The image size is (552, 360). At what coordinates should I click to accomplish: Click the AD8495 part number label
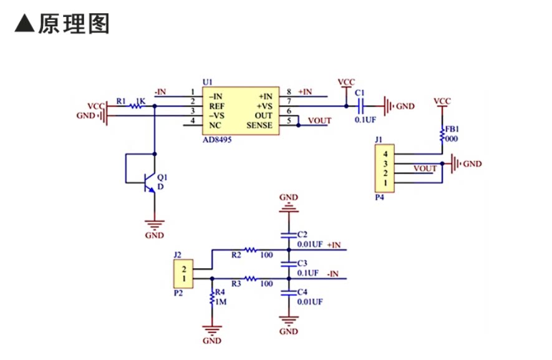click(217, 140)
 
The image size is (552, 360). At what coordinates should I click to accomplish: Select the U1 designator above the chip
click(207, 82)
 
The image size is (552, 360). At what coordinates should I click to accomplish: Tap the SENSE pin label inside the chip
click(259, 125)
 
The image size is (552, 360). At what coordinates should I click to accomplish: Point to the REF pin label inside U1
click(216, 106)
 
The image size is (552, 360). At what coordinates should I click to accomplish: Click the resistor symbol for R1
click(135, 105)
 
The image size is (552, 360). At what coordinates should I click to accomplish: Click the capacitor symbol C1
click(360, 105)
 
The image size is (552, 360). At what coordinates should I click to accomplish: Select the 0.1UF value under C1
click(366, 120)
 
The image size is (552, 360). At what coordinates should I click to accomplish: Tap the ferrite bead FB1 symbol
click(442, 135)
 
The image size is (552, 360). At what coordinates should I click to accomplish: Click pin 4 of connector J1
click(385, 154)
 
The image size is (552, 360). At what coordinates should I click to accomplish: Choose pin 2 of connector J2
click(184, 270)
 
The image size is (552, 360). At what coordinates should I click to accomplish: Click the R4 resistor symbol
click(212, 298)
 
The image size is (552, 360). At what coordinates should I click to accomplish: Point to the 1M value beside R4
click(221, 302)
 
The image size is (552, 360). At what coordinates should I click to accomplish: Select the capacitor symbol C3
click(289, 264)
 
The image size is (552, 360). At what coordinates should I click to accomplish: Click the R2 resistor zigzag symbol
click(251, 250)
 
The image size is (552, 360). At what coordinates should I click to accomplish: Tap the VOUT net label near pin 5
click(319, 121)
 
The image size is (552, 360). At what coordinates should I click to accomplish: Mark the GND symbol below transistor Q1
click(154, 224)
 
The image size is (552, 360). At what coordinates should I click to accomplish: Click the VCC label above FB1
click(442, 102)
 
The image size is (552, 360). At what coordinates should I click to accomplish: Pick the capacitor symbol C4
click(289, 293)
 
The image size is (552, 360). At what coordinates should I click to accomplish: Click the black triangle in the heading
click(25, 23)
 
